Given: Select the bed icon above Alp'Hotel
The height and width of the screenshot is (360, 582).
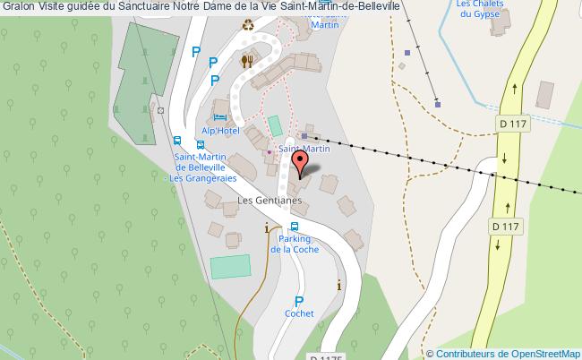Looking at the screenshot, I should [219, 117].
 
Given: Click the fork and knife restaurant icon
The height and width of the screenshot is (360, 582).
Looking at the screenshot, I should [247, 61].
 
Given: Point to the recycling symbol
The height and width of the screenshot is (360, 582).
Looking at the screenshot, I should [248, 26].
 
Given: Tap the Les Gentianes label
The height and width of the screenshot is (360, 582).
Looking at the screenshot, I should [268, 201].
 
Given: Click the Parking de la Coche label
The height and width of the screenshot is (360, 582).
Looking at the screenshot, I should [294, 244].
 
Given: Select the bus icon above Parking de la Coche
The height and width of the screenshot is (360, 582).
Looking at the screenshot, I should [295, 227].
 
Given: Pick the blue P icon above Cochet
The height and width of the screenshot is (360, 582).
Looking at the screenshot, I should [299, 302].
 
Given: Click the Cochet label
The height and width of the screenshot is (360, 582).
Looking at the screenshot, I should [299, 314].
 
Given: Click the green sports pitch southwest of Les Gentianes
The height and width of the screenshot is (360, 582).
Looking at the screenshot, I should [230, 266].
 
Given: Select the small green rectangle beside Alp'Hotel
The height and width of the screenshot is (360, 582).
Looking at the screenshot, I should [275, 124].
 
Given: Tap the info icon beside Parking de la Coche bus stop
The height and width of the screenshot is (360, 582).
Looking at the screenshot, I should [266, 229].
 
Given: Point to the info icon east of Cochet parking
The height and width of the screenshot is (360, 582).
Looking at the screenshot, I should [338, 286].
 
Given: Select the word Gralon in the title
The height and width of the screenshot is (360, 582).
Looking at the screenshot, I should [17, 8].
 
